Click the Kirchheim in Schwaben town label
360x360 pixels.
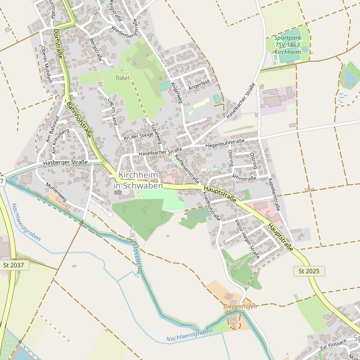(x=138, y=180)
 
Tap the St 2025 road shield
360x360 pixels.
(x=308, y=271)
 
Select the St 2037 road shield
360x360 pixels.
(x=13, y=265)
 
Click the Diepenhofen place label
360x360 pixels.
(x=240, y=307)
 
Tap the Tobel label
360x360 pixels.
(x=122, y=78)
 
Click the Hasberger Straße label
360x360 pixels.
(x=66, y=162)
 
